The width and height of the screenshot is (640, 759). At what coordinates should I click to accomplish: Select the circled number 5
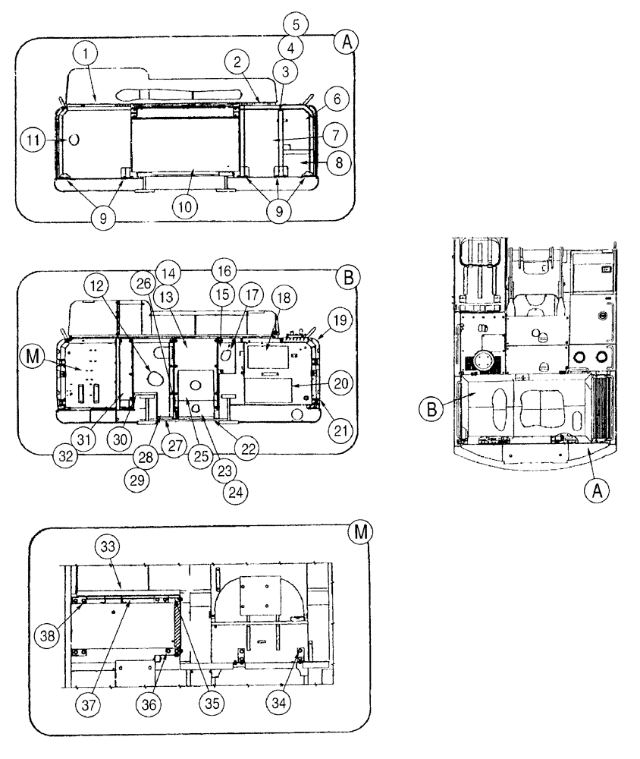[296, 24]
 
